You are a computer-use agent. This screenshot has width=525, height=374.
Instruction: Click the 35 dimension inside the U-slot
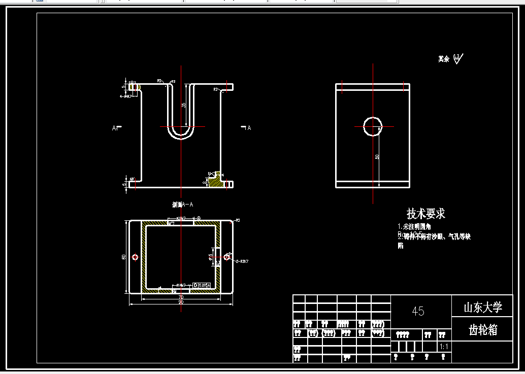tap(184, 105)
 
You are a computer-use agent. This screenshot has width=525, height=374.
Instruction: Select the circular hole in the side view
tap(373, 126)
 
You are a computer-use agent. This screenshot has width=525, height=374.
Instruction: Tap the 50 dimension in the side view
tap(377, 157)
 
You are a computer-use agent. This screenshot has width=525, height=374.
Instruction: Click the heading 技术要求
tap(425, 214)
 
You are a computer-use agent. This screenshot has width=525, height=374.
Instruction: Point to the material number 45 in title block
tap(418, 311)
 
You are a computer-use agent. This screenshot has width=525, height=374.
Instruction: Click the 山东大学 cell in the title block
tap(482, 308)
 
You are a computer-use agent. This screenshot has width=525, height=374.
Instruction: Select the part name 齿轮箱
tap(482, 330)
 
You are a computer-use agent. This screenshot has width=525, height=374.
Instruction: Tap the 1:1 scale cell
tap(443, 347)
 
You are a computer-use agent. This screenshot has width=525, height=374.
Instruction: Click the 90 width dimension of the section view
tap(181, 302)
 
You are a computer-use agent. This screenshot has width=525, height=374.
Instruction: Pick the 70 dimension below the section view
tap(181, 297)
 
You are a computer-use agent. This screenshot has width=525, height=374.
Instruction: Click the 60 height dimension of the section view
tap(124, 257)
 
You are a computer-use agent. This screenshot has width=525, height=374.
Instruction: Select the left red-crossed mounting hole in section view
tap(135, 257)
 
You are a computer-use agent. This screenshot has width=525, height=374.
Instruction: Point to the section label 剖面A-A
tap(182, 205)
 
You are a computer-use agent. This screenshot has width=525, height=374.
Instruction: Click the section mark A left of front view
tap(115, 128)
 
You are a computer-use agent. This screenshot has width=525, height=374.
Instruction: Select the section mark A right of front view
tap(248, 128)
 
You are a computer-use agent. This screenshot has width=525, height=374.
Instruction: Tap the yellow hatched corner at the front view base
tap(215, 180)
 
